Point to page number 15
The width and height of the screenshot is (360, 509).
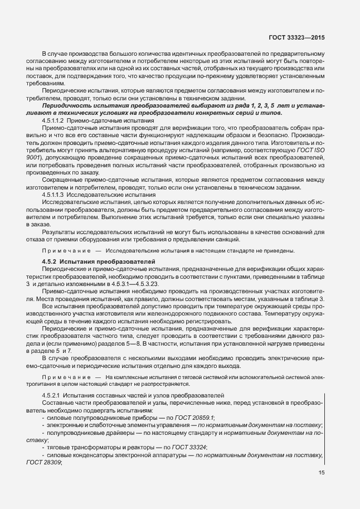click(322, 473)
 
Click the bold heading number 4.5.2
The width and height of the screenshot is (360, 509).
click(51, 261)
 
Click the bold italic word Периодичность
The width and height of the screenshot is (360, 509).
click(70, 105)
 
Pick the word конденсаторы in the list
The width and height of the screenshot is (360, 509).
click(92, 454)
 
